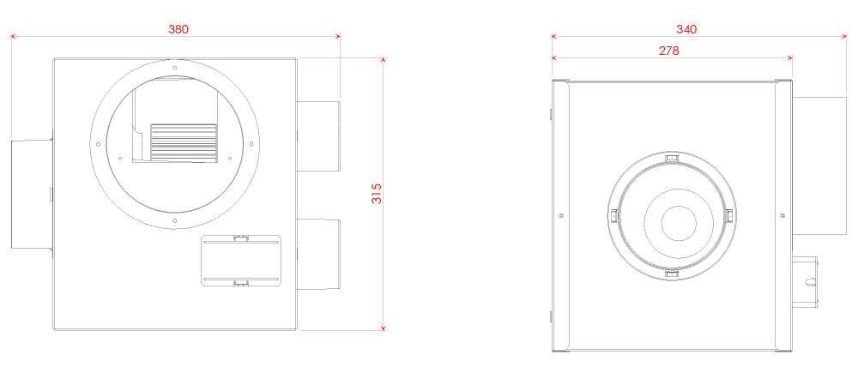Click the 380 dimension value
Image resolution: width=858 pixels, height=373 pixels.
pos(178,28)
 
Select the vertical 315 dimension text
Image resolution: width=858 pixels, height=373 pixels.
pos(376,194)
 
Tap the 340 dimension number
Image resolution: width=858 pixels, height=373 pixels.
pos(686,28)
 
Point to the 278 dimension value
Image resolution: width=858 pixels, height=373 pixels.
pos(668,51)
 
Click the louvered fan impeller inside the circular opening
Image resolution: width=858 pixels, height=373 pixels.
pos(184,141)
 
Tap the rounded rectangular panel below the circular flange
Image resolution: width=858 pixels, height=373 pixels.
pos(241,261)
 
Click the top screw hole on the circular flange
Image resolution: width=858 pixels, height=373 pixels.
pos(174,68)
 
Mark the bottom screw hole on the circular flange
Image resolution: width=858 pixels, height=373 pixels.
pos(174,220)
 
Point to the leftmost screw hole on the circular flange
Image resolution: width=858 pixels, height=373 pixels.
pos(99,143)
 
